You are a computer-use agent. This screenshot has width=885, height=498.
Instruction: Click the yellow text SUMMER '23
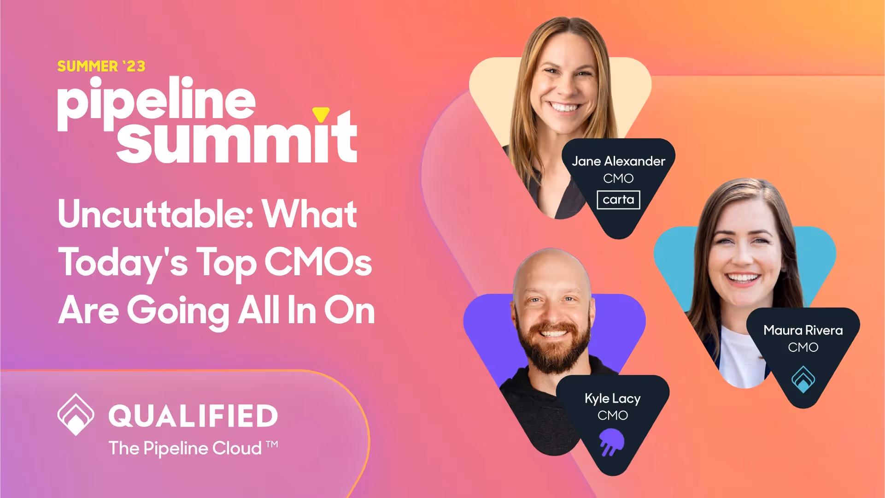101,66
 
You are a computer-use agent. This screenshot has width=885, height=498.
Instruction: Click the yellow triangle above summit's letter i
321,113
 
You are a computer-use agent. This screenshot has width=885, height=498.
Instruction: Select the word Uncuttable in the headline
156,214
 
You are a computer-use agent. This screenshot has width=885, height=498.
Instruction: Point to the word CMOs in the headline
318,262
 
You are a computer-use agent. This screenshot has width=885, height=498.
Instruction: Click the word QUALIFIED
193,416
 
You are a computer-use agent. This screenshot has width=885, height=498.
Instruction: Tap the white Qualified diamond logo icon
76,414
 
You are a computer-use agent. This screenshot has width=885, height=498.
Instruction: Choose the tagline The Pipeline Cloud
185,448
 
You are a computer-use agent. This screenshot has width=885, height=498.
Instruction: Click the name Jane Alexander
618,161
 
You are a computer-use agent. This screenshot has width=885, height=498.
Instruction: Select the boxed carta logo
618,200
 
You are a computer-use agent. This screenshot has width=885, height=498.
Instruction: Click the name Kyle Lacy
612,398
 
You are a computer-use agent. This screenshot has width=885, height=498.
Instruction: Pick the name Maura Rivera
803,330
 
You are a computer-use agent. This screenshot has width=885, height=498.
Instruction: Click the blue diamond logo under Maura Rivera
803,379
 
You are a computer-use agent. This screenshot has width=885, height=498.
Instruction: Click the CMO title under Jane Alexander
618,178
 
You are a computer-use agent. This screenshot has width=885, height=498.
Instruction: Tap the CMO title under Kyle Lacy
612,415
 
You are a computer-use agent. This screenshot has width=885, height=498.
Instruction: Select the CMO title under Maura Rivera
803,347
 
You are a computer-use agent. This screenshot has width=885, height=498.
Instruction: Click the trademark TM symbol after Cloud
272,444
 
